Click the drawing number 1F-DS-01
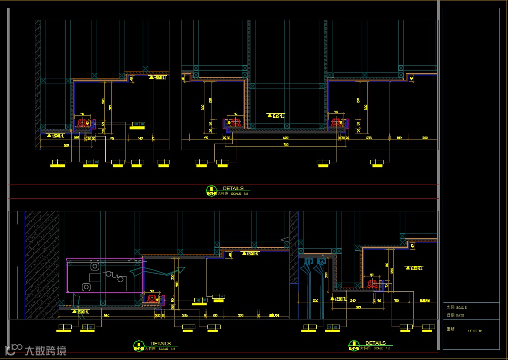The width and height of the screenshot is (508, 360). (475, 331)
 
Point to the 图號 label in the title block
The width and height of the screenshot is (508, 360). (450, 328)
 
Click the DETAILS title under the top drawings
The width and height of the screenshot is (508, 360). (233, 188)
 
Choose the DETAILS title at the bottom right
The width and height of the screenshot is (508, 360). (375, 343)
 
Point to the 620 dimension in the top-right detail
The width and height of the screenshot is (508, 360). (285, 138)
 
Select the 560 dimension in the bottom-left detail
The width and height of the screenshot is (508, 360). (107, 316)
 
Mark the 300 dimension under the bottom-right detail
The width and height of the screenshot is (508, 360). (358, 307)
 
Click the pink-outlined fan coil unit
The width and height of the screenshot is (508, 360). (104, 275)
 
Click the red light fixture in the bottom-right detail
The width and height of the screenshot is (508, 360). (373, 284)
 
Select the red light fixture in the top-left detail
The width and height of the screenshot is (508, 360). (82, 122)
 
